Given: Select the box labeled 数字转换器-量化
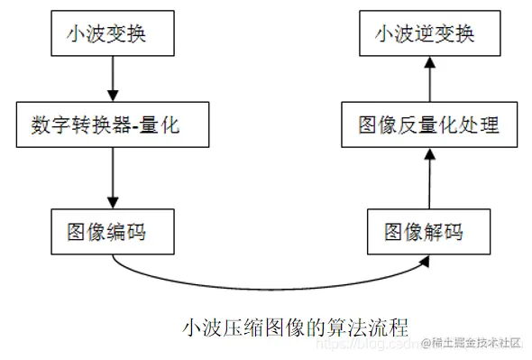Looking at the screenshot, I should pos(112,125).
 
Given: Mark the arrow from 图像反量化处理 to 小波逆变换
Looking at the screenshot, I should pos(429,80).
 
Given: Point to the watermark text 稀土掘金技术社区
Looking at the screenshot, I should pos(475,342).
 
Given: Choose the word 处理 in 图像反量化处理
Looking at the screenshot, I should pos(478,125).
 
